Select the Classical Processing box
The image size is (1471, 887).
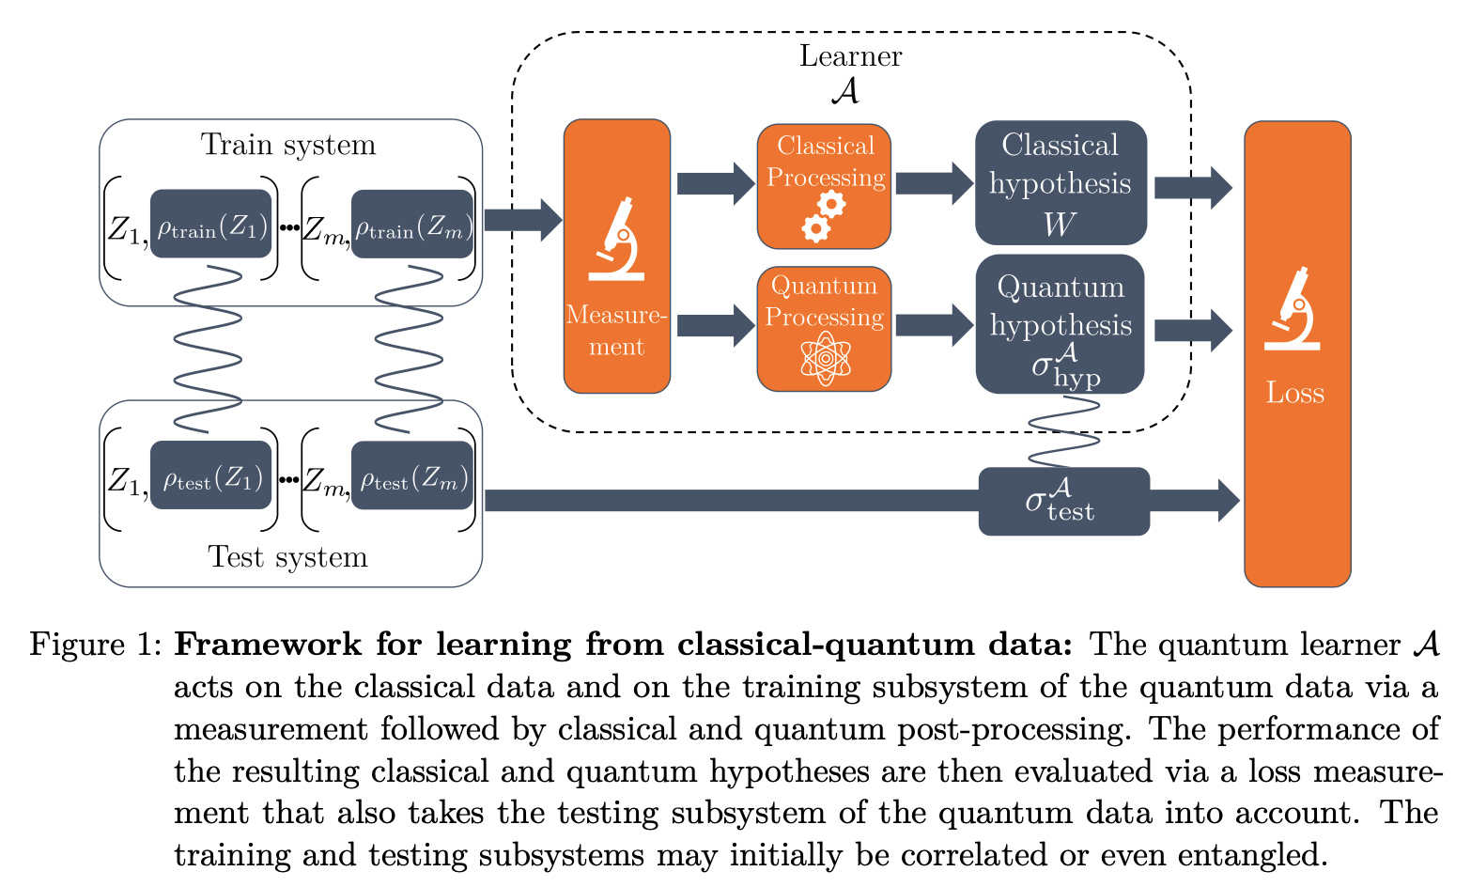[824, 186]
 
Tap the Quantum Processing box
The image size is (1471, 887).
[824, 328]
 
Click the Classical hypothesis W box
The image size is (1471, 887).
[1061, 183]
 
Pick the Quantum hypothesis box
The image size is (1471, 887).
[1061, 324]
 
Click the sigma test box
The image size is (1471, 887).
[1063, 501]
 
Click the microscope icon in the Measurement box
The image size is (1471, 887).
[617, 239]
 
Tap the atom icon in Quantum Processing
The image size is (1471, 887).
[824, 358]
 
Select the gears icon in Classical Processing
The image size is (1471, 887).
[823, 216]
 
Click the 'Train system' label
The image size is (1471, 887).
[288, 145]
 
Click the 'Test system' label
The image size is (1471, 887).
[288, 557]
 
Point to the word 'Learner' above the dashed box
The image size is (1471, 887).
[850, 56]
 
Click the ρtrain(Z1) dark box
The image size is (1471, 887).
[211, 226]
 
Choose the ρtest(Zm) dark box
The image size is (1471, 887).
[412, 476]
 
